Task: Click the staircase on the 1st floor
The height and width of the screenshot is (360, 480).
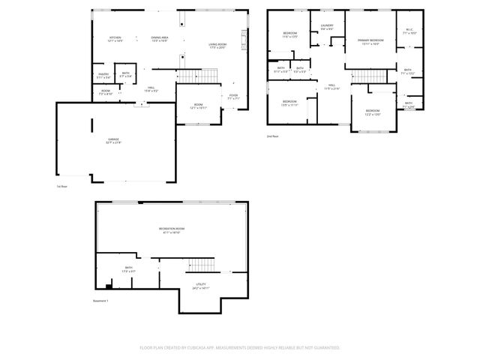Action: pyautogui.click(x=199, y=75)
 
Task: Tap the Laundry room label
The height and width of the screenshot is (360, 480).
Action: pyautogui.click(x=327, y=27)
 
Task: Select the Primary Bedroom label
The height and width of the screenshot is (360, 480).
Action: pyautogui.click(x=369, y=43)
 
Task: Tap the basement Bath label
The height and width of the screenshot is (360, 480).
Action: pyautogui.click(x=129, y=268)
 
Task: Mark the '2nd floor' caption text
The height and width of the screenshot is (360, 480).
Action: pyautogui.click(x=272, y=136)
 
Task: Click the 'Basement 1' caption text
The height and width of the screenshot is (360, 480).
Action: pyautogui.click(x=100, y=301)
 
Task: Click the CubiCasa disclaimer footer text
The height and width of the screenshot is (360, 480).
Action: pyautogui.click(x=240, y=348)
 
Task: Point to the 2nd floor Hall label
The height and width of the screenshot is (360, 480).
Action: pyautogui.click(x=331, y=87)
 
